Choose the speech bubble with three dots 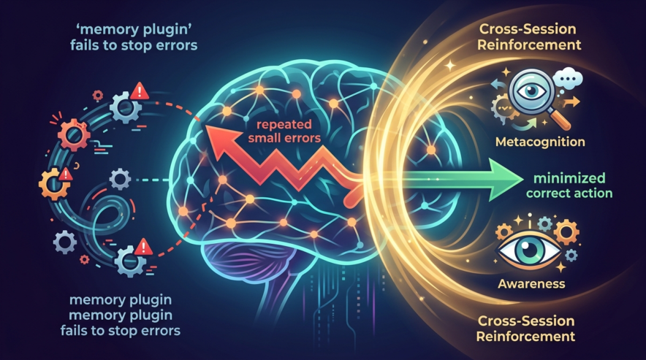(564, 74)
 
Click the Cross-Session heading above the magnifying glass (531, 29)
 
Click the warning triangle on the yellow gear (65, 173)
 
